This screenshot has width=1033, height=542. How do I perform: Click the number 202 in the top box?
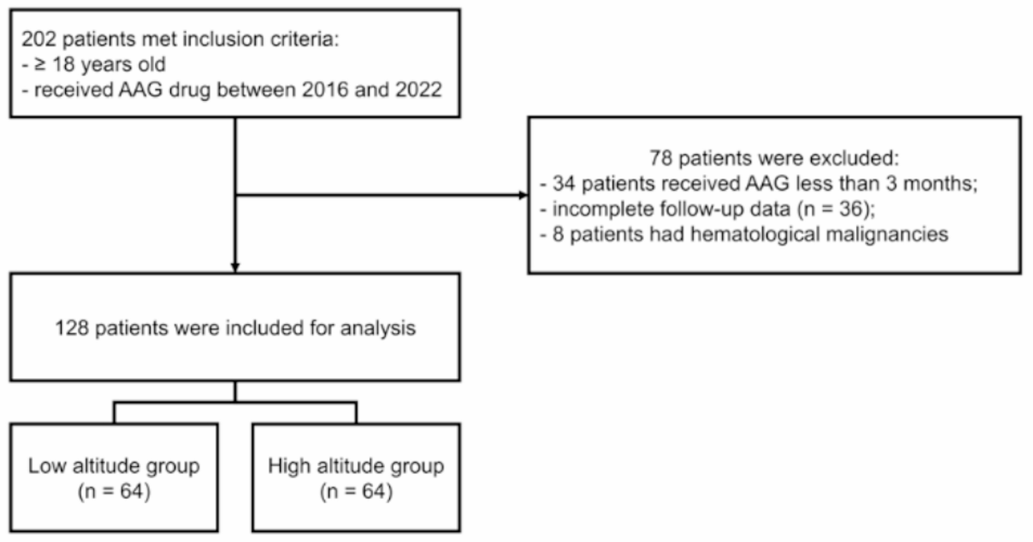click(x=38, y=39)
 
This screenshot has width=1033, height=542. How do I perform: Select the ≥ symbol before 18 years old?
click(x=40, y=65)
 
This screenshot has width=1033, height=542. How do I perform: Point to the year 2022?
click(x=418, y=90)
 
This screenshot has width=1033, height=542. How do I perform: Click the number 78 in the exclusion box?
click(x=660, y=158)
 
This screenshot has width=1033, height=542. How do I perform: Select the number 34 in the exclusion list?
click(x=563, y=184)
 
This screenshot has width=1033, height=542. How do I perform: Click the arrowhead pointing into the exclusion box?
click(x=523, y=195)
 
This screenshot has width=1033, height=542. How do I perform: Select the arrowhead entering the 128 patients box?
click(x=235, y=268)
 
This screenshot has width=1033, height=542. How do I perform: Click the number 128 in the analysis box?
click(x=71, y=328)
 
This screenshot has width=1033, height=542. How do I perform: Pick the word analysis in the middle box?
click(x=378, y=328)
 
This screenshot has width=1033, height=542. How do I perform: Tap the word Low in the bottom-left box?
click(x=47, y=466)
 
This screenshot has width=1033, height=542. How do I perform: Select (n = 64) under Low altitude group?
click(x=114, y=491)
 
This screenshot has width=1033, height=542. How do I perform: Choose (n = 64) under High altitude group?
click(x=356, y=491)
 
